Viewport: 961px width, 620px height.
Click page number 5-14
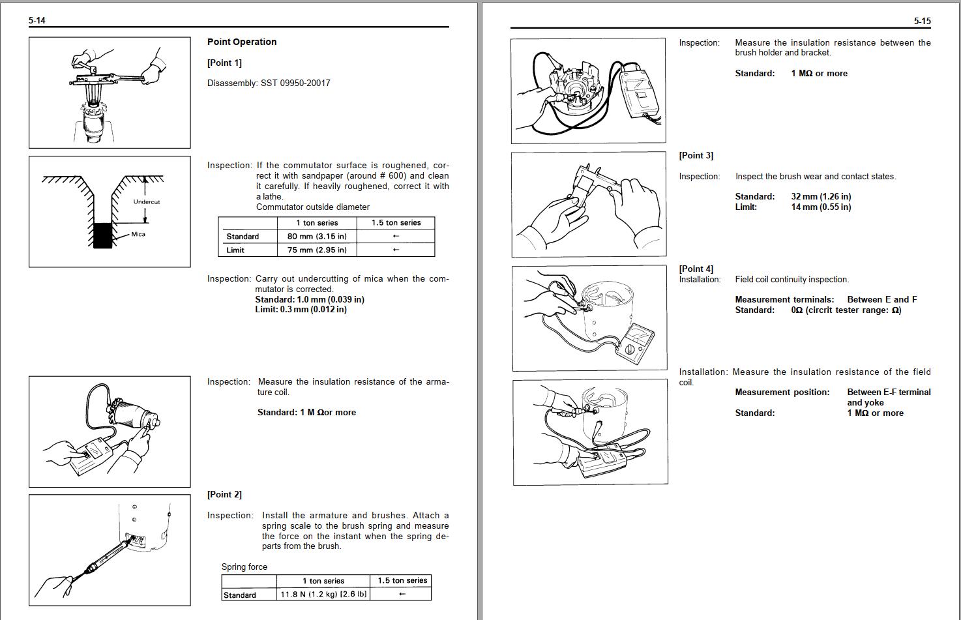coord(37,20)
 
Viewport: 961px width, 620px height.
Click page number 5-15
coord(922,21)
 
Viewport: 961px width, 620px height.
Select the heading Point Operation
coord(242,42)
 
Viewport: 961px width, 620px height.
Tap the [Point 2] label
coord(224,494)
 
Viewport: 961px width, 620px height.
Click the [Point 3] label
coord(696,155)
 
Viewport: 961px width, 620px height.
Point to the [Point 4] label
coord(696,269)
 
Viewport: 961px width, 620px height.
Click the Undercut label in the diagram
coord(147,201)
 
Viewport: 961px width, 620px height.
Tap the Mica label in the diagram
coord(138,234)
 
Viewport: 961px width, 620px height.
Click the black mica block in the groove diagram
coord(102,235)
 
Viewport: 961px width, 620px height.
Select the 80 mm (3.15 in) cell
coord(317,236)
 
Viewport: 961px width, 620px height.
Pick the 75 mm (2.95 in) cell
coord(317,250)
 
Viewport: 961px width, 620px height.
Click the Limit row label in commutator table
coord(235,250)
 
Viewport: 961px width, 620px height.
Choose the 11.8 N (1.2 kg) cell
coord(323,594)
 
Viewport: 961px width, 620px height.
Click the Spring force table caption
coord(244,567)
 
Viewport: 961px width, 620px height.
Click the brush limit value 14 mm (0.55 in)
coord(821,207)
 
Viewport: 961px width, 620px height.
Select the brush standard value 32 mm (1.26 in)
coord(821,196)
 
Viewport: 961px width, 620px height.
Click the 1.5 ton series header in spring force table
coord(402,580)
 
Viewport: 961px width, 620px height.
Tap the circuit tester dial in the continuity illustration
coord(630,350)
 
